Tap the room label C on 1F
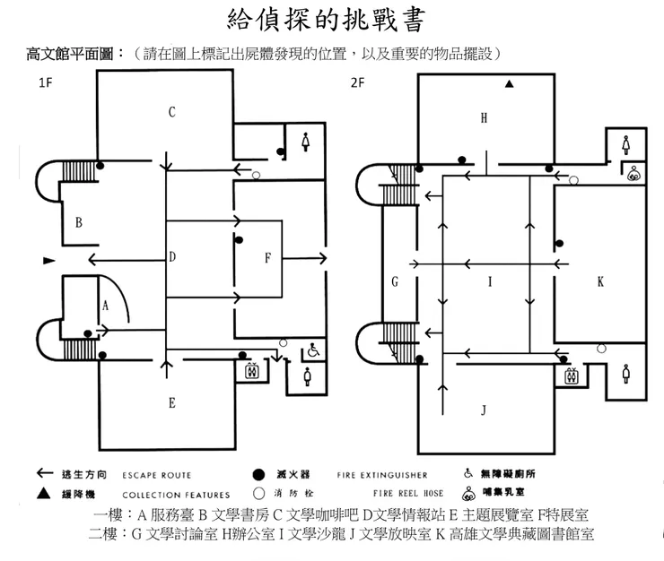point(171,112)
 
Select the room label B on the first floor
point(79,222)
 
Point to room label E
point(171,403)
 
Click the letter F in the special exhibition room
point(267,259)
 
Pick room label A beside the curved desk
point(105,306)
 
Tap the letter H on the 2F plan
point(484,117)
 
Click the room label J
point(484,410)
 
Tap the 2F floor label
point(357,83)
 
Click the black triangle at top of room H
point(509,84)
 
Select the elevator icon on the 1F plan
point(251,368)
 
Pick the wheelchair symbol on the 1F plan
point(313,351)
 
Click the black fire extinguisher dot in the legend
point(258,474)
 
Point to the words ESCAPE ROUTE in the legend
point(157,475)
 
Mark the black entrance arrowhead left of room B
point(48,261)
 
